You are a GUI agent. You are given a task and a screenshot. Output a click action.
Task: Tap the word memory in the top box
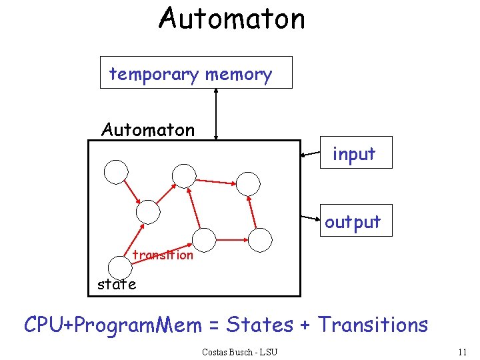tap(238, 74)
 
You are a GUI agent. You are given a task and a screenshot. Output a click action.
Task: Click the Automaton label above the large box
tap(148, 129)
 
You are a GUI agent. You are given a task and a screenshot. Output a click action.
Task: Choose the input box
tap(355, 153)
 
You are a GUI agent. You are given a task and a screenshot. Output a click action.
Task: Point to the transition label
tap(163, 255)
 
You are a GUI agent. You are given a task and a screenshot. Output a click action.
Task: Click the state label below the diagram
tap(116, 284)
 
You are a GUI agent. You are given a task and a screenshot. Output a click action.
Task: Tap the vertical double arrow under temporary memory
tap(215, 113)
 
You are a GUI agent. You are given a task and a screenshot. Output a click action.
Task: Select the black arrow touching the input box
tap(310, 154)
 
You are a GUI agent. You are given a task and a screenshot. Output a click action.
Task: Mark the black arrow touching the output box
tap(310, 217)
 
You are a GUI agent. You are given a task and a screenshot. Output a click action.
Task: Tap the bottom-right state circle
tap(261, 239)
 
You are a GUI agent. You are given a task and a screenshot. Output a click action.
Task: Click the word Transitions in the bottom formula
tap(373, 325)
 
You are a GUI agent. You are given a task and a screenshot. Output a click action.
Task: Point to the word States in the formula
tap(259, 325)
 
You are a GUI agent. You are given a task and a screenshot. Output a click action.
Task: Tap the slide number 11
tap(463, 351)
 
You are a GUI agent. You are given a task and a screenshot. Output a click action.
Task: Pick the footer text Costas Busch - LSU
tap(239, 351)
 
